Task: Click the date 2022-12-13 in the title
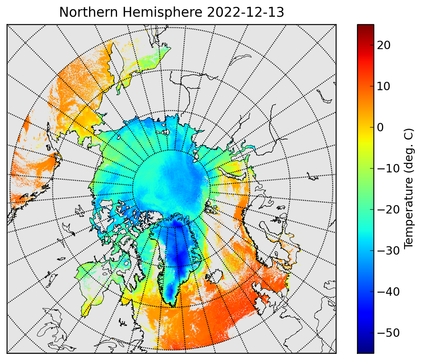tap(245, 12)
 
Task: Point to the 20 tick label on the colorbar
tap(384, 45)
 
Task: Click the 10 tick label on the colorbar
tap(384, 86)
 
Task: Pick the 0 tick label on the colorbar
tap(380, 127)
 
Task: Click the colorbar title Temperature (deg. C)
tap(408, 188)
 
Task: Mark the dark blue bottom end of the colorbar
tap(366, 350)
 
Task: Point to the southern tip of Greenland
tap(173, 306)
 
